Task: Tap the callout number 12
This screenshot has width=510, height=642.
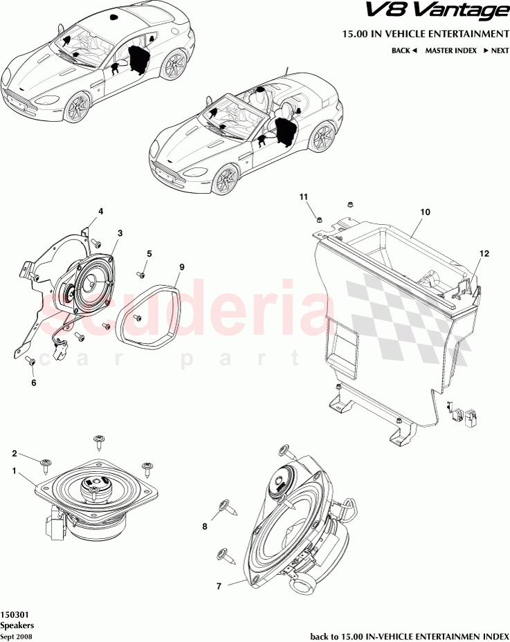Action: coord(484,254)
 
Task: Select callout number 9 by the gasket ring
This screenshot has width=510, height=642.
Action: coord(182,266)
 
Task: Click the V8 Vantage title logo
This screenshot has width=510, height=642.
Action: coord(444,12)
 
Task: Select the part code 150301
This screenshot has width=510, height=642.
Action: coord(14,614)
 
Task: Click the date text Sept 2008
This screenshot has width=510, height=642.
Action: coord(15,636)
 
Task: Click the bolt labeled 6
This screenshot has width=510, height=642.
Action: coord(31,360)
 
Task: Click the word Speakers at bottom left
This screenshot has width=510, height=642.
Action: coord(15,625)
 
